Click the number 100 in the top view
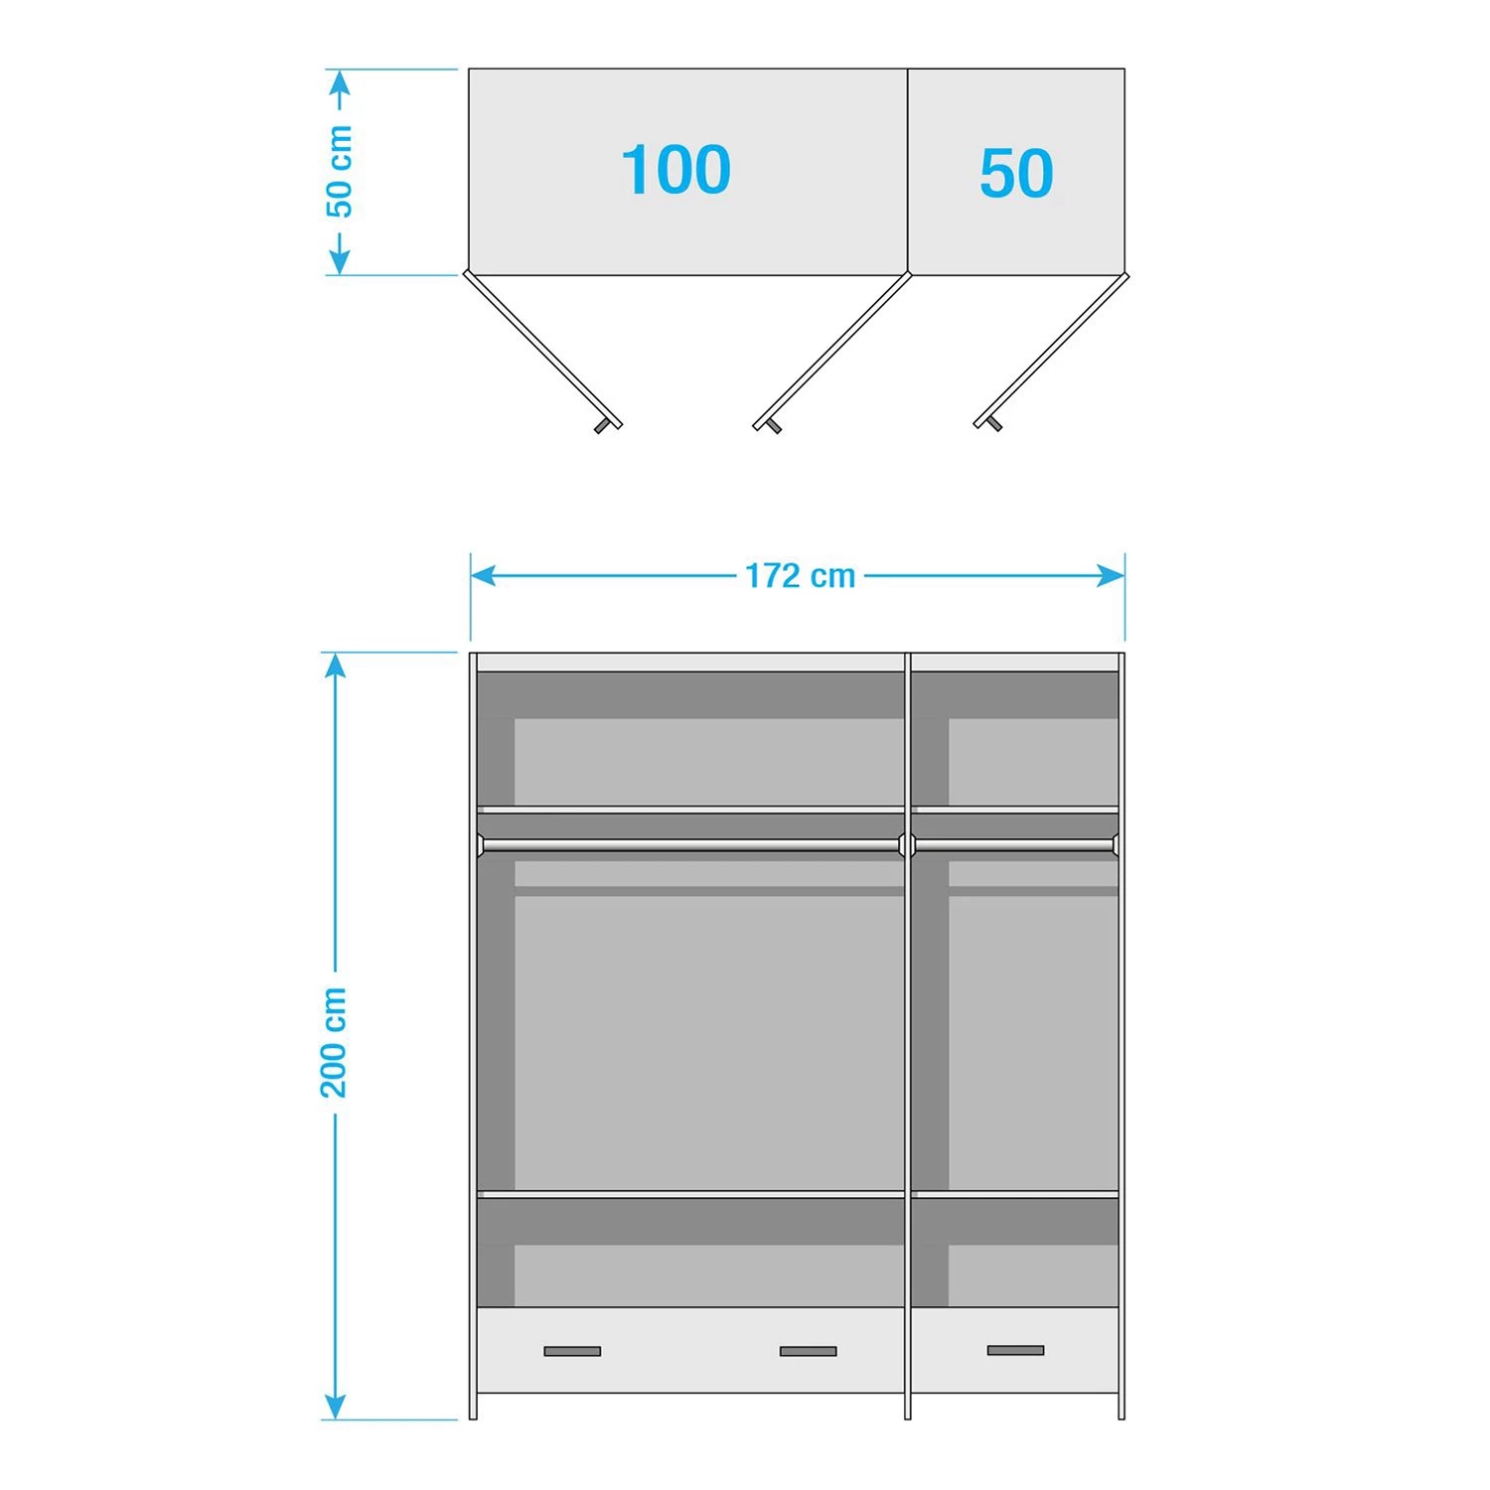pos(676,170)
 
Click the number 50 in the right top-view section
pos(1015,174)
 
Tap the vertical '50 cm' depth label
pos(340,171)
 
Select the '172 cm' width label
pos(800,576)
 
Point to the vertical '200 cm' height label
pos(335,1042)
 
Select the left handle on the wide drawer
pos(572,1351)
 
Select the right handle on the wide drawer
pos(808,1351)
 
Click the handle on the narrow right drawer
pos(1015,1350)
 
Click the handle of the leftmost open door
pos(602,427)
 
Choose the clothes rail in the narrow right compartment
pos(1013,845)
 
